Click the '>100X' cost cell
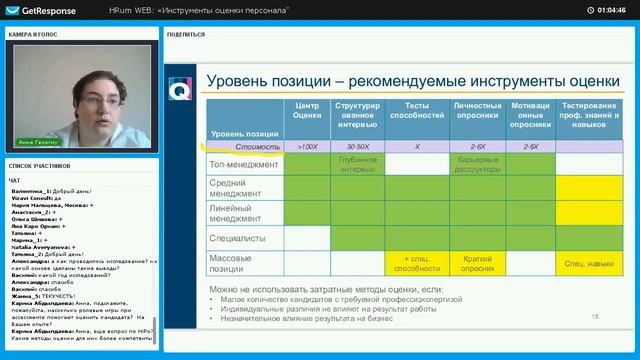(307, 146)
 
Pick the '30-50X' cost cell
(357, 146)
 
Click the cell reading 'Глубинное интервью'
(357, 163)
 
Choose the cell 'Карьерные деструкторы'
(469, 163)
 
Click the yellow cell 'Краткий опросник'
(469, 263)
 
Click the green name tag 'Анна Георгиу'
(38, 141)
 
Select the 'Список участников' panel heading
(39, 164)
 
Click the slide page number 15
(595, 317)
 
